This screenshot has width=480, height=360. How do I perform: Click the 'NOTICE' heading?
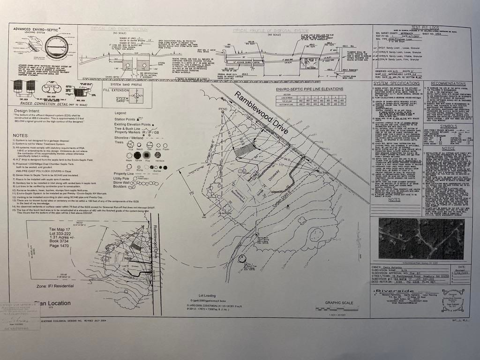tap(448, 149)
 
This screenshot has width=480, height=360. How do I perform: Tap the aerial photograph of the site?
tap(421, 238)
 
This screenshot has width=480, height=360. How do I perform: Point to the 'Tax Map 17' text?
tap(60, 230)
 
